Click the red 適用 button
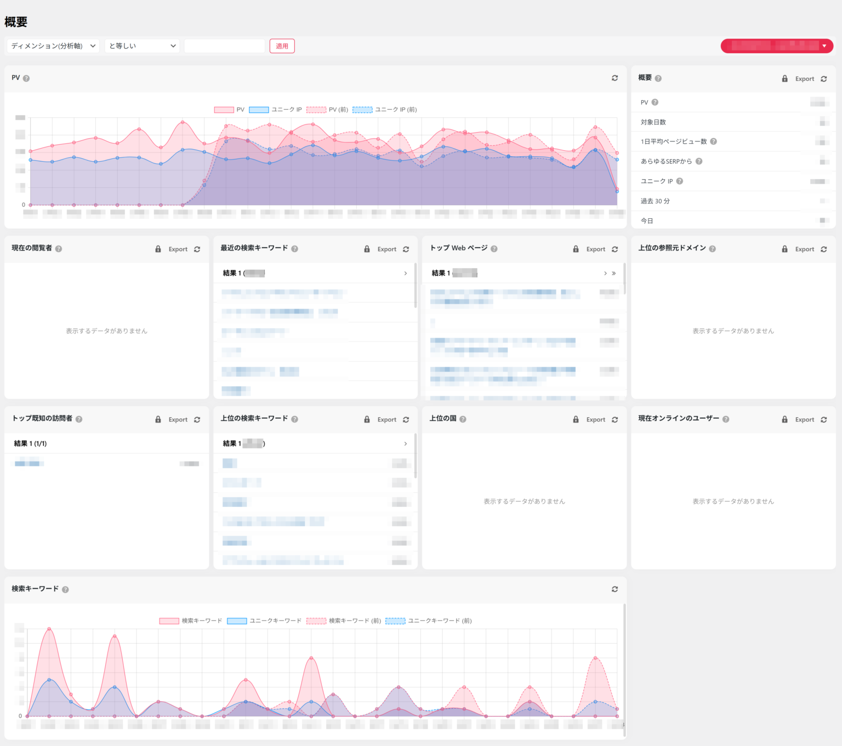(282, 46)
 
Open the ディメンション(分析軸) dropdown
(53, 46)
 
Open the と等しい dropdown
(142, 46)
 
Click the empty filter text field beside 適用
(224, 46)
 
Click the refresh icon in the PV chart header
(615, 78)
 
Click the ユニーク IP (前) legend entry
(385, 110)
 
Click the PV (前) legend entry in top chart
(327, 110)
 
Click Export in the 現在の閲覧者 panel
(178, 249)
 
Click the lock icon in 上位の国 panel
(576, 420)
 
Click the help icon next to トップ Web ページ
(494, 249)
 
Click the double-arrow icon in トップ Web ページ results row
(613, 274)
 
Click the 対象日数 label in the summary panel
(653, 122)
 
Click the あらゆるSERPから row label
(666, 162)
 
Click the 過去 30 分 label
(655, 201)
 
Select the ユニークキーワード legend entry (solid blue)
(265, 621)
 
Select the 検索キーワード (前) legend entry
(344, 621)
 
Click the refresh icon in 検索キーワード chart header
(615, 589)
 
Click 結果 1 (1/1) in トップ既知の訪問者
(30, 444)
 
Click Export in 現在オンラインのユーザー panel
(804, 420)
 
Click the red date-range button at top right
(776, 46)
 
